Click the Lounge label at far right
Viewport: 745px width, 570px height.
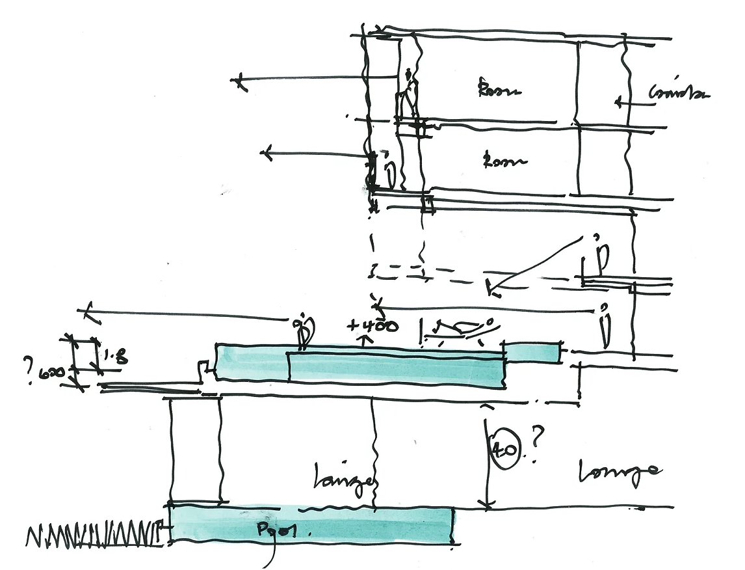coord(620,473)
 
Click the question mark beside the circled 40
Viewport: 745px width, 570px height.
coord(538,442)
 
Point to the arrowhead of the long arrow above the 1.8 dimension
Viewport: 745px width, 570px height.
coord(90,310)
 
